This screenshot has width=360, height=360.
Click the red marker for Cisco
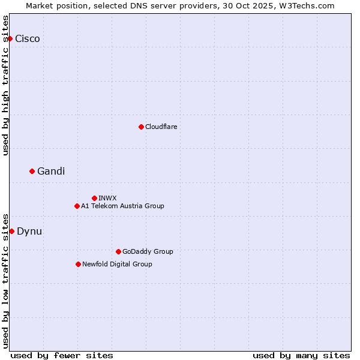click(10, 38)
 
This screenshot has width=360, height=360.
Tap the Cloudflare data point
click(141, 127)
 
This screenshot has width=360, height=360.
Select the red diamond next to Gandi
click(32, 171)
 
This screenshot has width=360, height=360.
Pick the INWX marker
click(94, 198)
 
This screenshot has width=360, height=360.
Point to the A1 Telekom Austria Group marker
click(77, 206)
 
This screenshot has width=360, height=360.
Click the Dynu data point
click(11, 231)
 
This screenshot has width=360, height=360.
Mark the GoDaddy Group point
click(118, 251)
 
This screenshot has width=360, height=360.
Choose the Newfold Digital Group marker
click(78, 264)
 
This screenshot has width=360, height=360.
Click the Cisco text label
click(28, 38)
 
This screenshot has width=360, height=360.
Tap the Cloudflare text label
click(161, 127)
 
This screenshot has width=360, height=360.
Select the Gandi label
click(51, 171)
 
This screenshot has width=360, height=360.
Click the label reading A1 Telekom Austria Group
click(122, 206)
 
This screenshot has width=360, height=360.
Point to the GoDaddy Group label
click(148, 251)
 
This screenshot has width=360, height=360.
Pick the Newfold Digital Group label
click(117, 264)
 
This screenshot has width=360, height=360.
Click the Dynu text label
click(29, 231)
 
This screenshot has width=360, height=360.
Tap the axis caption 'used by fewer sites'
click(62, 355)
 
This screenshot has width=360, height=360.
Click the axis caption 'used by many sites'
click(301, 355)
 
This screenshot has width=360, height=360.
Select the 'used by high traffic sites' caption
click(5, 85)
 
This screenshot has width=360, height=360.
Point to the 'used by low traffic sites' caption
click(5, 280)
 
